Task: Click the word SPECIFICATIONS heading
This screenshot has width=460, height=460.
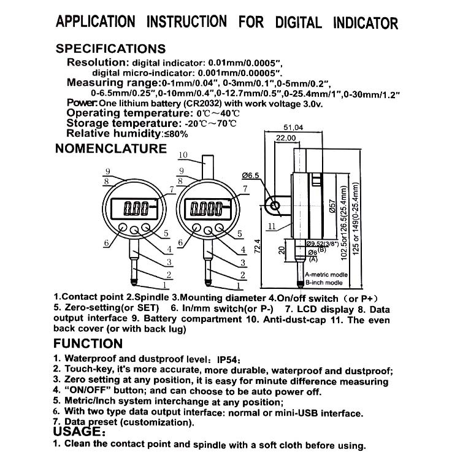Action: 111,49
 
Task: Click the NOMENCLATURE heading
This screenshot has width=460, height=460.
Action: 111,148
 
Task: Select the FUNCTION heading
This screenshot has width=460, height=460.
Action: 88,343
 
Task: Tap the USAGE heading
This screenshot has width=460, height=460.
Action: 78,432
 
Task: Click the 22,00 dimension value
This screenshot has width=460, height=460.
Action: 285,139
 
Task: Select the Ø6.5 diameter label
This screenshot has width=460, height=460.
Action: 251,175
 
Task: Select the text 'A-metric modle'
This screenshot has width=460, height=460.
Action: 326,274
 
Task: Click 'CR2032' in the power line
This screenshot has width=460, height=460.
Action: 192,104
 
